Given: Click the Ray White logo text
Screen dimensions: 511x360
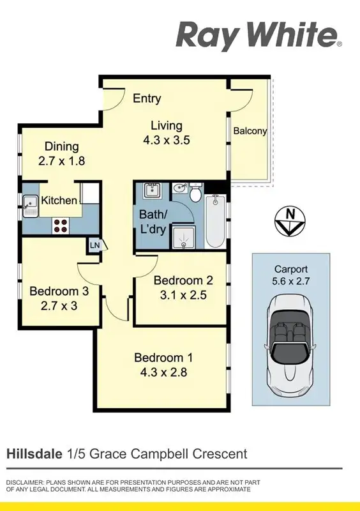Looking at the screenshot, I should coord(259,35).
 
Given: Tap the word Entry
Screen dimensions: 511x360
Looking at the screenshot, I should coord(147,98).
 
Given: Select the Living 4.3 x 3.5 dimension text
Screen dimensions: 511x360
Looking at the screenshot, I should coord(167,141).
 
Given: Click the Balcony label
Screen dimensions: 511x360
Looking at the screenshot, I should coord(250,131).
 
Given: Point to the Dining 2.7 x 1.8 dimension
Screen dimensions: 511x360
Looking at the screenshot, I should coord(61,162).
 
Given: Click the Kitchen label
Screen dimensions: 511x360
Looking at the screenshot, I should coord(59,201).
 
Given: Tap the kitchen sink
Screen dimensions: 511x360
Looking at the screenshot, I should coord(30,205).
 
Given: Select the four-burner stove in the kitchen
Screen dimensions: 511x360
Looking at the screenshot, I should coord(61,225).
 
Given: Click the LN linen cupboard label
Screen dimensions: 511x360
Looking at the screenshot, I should coord(94,245).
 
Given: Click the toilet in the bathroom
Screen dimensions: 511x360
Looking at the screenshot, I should coord(195,191).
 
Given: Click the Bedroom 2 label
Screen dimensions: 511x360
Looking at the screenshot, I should coord(183,280).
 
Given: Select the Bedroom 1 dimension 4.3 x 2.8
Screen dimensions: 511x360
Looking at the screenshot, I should coord(163,372).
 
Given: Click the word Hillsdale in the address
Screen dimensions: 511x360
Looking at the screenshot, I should coord(34,454).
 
